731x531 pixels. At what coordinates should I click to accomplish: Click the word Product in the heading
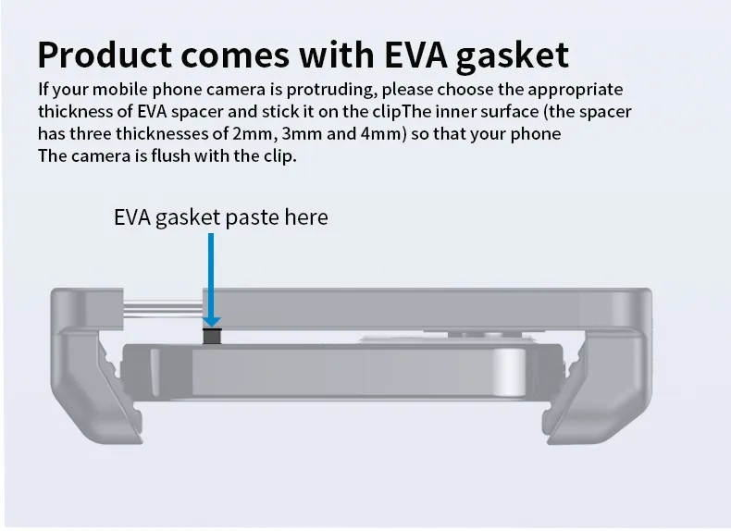(105, 55)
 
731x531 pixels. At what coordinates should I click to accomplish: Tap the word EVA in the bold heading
(415, 55)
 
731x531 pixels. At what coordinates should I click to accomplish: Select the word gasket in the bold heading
(512, 56)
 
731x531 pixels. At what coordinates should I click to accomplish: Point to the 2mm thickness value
(253, 134)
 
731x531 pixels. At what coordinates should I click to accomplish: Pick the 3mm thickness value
(302, 134)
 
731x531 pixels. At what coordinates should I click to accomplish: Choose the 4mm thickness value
(380, 134)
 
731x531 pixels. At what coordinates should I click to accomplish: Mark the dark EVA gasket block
(212, 336)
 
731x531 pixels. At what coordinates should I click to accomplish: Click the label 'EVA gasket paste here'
(221, 217)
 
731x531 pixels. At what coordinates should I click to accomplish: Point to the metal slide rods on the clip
(163, 310)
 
